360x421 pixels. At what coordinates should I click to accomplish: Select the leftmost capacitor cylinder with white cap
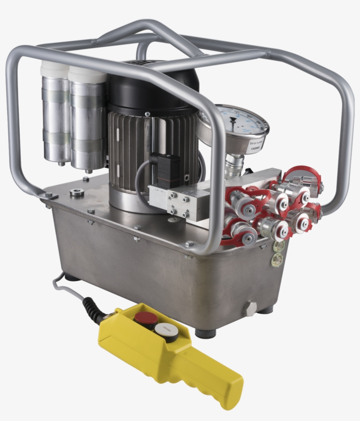tap(55, 114)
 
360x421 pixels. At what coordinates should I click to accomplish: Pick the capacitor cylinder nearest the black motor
tap(87, 118)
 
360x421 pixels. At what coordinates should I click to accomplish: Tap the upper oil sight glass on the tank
tap(277, 246)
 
